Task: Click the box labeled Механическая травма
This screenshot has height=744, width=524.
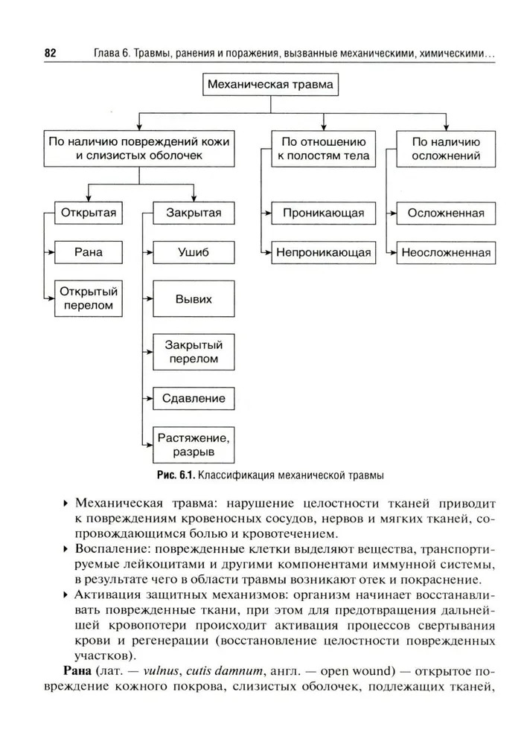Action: click(272, 86)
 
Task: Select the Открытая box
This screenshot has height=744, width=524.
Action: click(89, 213)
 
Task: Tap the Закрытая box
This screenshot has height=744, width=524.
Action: click(194, 213)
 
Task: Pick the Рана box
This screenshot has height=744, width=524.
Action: click(89, 252)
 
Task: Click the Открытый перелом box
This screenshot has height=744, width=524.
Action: click(89, 298)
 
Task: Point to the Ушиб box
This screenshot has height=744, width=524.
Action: click(194, 252)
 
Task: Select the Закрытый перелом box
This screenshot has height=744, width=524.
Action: click(194, 351)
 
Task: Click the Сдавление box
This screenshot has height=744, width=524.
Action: click(194, 398)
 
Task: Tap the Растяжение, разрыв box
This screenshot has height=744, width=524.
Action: click(194, 444)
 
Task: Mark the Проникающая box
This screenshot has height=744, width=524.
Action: click(323, 213)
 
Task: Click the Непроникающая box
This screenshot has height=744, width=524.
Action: click(323, 252)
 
